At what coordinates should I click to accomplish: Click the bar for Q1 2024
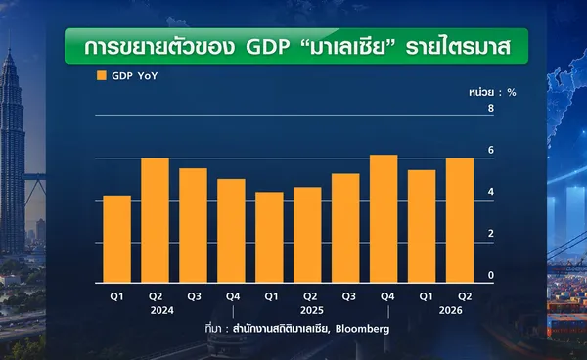(117, 239)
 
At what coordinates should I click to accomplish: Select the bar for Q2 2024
(155, 220)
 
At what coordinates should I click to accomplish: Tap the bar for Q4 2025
(384, 218)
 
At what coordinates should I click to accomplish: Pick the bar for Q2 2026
(460, 220)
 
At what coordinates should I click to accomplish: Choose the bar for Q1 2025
(270, 238)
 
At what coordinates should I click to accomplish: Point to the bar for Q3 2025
(345, 228)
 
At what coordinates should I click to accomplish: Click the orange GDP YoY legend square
(102, 75)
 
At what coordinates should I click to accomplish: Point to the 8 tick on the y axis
(491, 109)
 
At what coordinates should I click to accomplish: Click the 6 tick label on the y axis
(491, 150)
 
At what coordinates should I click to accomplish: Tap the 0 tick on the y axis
(491, 275)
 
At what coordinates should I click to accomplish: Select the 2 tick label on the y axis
(491, 234)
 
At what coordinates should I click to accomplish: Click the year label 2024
(162, 311)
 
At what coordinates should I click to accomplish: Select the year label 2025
(312, 311)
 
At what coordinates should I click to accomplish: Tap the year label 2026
(451, 311)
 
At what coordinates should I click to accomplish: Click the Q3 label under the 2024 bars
(194, 296)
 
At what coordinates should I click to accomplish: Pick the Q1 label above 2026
(426, 296)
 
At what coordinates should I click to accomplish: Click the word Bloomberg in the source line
(362, 329)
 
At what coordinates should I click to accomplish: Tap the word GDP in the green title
(268, 47)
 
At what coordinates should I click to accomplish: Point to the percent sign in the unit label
(512, 92)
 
